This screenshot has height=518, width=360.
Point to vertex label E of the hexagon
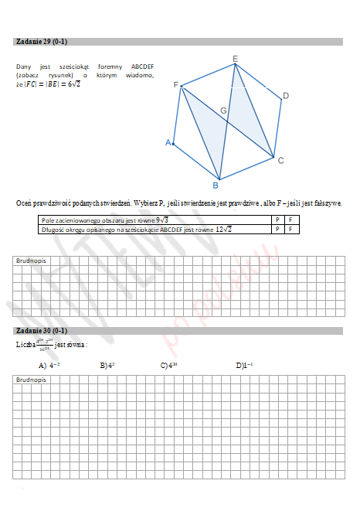[235, 59]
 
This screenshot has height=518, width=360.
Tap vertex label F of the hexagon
[176, 84]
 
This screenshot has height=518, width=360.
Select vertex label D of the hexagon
[285, 96]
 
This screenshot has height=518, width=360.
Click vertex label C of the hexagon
[280, 161]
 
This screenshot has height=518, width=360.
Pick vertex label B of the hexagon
[216, 186]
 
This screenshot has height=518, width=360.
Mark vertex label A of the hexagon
[168, 143]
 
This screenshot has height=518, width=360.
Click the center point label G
[223, 112]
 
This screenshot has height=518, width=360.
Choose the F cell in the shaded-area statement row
[290, 220]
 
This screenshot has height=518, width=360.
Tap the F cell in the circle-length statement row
[290, 229]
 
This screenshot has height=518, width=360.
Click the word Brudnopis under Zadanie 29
[31, 261]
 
